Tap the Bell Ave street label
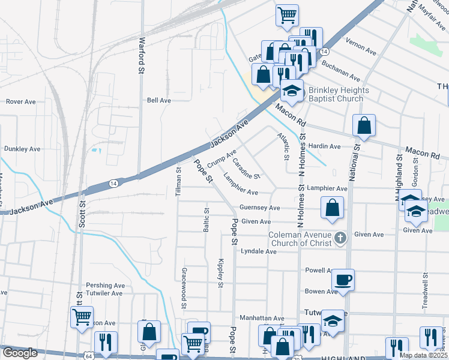[159, 100]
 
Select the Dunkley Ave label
[22, 148]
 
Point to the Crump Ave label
[221, 158]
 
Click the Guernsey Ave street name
[260, 208]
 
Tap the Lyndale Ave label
[258, 251]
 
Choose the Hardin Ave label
[324, 146]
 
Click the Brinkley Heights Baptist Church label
[336, 94]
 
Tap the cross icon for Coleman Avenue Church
[340, 238]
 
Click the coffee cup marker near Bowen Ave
[343, 280]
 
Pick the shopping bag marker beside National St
[364, 125]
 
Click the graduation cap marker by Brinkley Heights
[292, 91]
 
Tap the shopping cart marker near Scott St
[82, 316]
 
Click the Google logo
[20, 353]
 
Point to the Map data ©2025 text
[423, 355]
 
